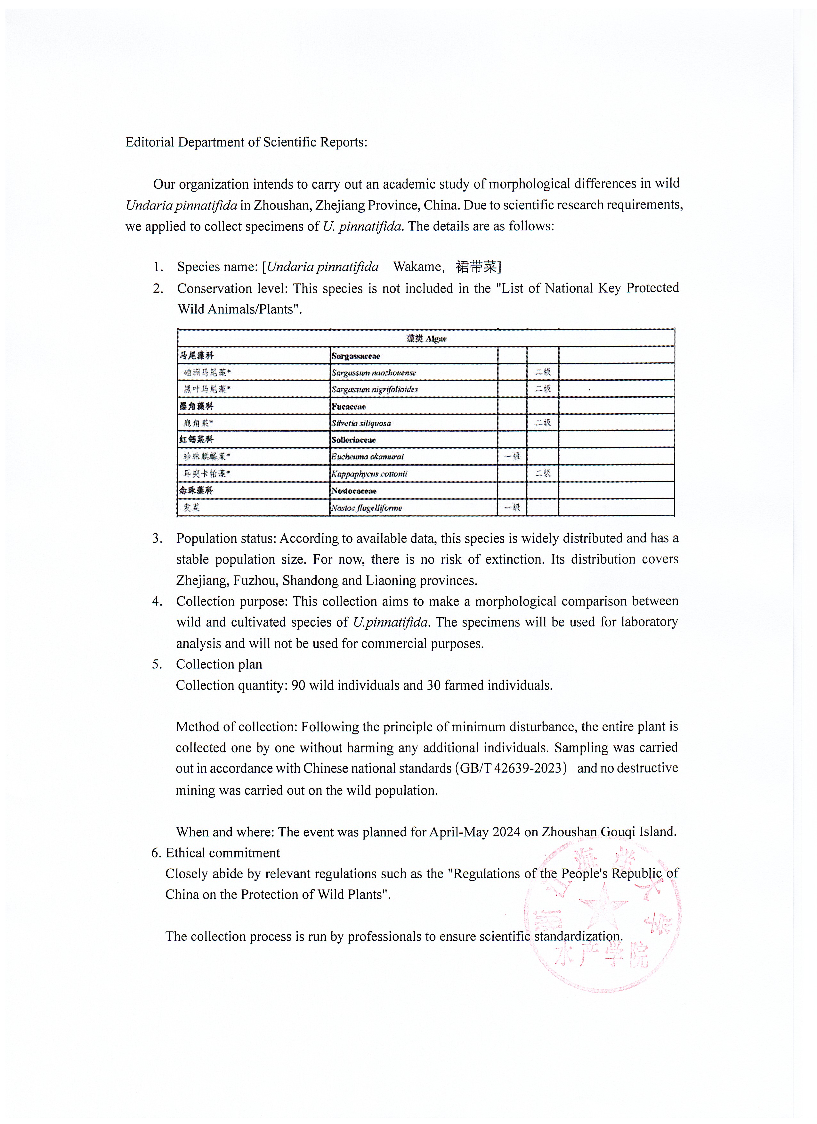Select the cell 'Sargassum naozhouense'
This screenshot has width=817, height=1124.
pyautogui.click(x=374, y=373)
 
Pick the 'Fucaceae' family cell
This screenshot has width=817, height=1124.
pyautogui.click(x=349, y=406)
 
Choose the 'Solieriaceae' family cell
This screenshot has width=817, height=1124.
pyautogui.click(x=353, y=440)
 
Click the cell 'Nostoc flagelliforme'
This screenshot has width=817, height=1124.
pyautogui.click(x=367, y=508)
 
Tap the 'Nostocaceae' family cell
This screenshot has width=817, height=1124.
pyautogui.click(x=354, y=491)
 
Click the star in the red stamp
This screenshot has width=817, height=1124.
pyautogui.click(x=603, y=907)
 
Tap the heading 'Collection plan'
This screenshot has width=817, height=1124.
pyautogui.click(x=219, y=664)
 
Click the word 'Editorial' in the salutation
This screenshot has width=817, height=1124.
pyautogui.click(x=150, y=142)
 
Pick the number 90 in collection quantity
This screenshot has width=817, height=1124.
pyautogui.click(x=298, y=685)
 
